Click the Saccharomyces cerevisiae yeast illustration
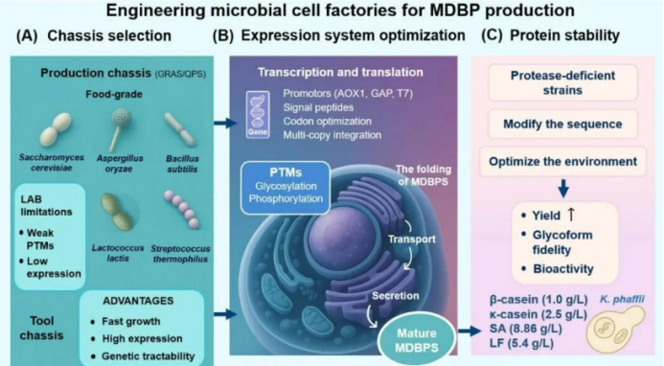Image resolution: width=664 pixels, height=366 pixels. tap(56, 129)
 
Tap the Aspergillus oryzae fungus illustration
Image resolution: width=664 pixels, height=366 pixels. tap(119, 128)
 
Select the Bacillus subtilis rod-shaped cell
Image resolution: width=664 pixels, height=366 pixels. tap(180, 129)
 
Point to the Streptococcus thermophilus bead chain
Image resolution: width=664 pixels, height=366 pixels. tap(181, 209)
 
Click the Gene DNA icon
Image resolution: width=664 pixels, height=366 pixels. tap(258, 115)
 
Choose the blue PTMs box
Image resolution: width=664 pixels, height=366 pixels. tap(286, 187)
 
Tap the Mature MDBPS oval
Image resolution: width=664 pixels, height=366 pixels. tap(417, 340)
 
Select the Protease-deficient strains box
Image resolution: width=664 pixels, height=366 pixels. tap(562, 82)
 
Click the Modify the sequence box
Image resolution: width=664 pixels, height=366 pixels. tap(562, 125)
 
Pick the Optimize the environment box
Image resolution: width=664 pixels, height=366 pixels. tap(562, 161)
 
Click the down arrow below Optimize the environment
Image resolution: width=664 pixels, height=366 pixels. tap(563, 189)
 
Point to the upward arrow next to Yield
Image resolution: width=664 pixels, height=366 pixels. tap(571, 215)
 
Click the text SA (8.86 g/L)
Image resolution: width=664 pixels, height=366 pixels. tap(525, 329)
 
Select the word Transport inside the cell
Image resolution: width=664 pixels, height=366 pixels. tap(412, 239)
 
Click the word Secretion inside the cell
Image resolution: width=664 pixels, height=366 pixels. tap(396, 296)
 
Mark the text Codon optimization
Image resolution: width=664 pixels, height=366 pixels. tap(327, 121)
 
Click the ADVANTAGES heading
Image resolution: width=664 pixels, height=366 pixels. tap(138, 301)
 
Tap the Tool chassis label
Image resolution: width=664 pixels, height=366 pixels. tap(41, 328)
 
